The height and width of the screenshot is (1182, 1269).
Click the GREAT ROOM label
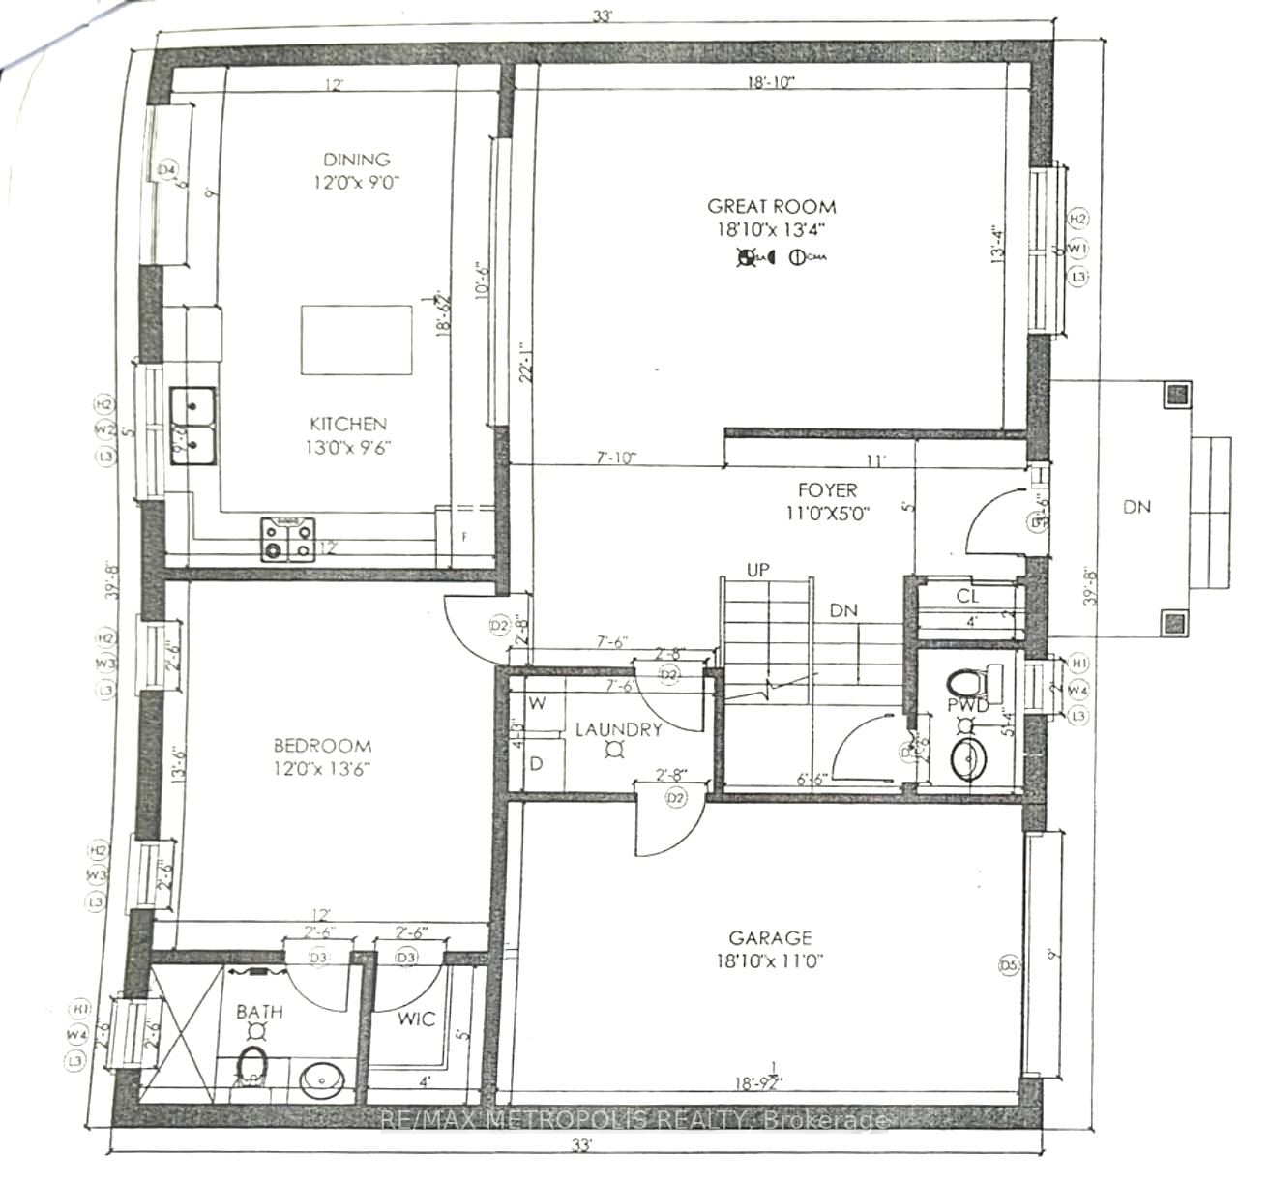(771, 206)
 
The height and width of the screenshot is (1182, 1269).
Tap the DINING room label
(356, 160)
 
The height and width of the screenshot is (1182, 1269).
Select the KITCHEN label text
(348, 424)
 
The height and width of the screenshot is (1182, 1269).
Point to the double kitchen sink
(193, 426)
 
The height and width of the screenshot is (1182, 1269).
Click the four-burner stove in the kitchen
(288, 540)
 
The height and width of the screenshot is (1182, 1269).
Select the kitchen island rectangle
(357, 340)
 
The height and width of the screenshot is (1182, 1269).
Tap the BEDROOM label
(322, 746)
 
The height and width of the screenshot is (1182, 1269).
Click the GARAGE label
(770, 937)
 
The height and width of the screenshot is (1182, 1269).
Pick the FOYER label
(827, 490)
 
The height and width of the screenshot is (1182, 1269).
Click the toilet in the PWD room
(968, 683)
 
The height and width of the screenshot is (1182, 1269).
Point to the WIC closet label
(416, 1019)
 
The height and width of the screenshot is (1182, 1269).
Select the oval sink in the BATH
(318, 1079)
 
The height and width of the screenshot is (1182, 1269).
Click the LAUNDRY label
(618, 729)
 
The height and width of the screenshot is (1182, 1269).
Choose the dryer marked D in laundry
(536, 764)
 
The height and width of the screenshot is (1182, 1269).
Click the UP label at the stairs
(757, 571)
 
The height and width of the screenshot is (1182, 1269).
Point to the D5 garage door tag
(1009, 964)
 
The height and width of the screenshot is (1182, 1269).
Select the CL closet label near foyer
(967, 596)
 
